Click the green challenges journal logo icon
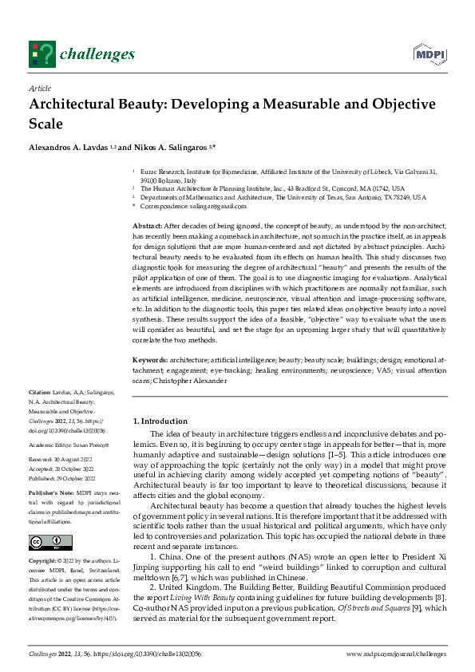pyautogui.click(x=42, y=53)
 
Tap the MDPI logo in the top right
pyautogui.click(x=428, y=53)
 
